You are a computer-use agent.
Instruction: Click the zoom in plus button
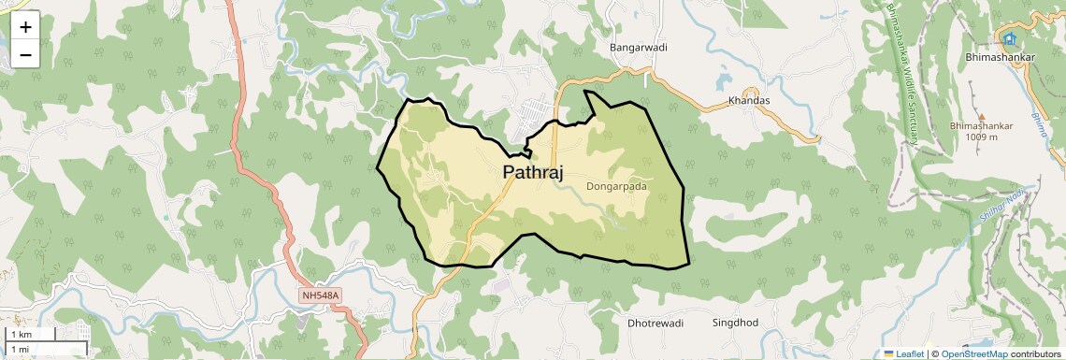point(25,27)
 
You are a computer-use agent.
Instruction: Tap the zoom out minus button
point(25,55)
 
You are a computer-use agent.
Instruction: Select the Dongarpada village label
point(616,186)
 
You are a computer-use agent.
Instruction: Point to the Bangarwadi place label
point(638,47)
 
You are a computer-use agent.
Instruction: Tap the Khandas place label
point(748,101)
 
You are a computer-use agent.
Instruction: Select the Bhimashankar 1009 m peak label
point(981,131)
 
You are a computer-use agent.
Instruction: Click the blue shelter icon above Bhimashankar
point(1009,38)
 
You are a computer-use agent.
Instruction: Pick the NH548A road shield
point(322,295)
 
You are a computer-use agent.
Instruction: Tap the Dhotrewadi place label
point(655,323)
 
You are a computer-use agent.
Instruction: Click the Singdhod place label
point(735,323)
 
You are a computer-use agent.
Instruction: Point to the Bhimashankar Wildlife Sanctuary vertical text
point(901,74)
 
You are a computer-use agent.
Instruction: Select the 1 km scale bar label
point(22,334)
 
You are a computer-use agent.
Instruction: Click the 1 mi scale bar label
point(20,349)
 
